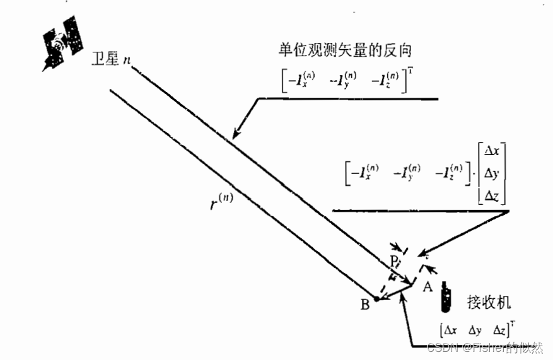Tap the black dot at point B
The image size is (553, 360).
coord(377,299)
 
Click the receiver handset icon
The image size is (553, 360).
coord(447,298)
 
